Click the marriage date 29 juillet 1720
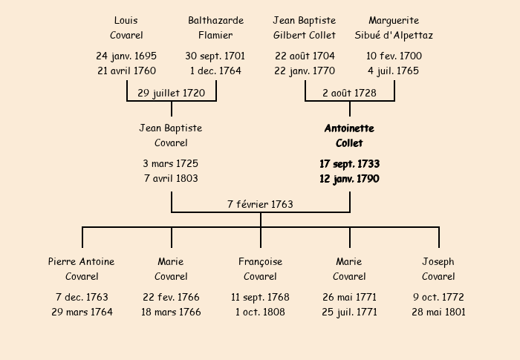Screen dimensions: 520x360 [x=171, y=93]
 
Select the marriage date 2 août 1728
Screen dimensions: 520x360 [x=350, y=93]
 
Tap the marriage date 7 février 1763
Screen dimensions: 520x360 [x=260, y=204]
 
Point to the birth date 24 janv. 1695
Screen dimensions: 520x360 [x=126, y=56]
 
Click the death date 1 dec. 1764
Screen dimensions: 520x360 [x=215, y=71]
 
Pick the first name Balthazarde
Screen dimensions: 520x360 [x=216, y=21]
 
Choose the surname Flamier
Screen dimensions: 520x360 [x=215, y=35]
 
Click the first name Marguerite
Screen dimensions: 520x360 [x=394, y=21]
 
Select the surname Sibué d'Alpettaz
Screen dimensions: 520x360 [x=394, y=35]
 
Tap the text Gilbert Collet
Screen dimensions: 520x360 [x=305, y=35]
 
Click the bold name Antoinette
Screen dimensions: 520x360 [x=350, y=128]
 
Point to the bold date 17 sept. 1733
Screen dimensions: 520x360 [x=350, y=164]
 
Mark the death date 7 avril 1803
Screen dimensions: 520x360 [x=171, y=178]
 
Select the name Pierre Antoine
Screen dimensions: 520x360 [x=82, y=261]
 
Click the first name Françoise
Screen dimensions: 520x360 [x=260, y=262]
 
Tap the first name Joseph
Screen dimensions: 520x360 [x=438, y=262]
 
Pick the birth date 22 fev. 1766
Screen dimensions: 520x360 [x=171, y=297]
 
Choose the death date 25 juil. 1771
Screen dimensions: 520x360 [x=350, y=312]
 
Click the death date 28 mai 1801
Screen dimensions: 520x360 [x=439, y=312]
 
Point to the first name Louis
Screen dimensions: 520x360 [x=126, y=21]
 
